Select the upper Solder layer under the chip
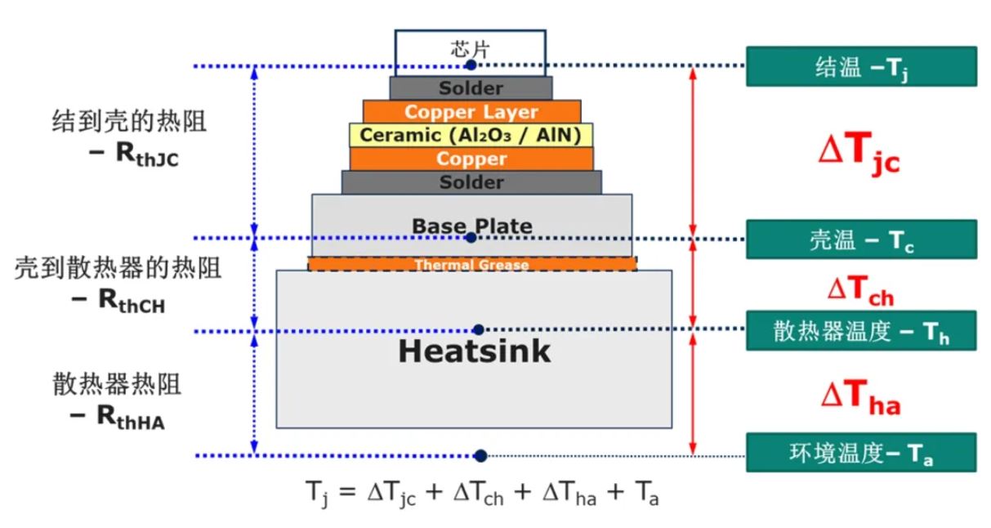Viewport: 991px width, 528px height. click(471, 88)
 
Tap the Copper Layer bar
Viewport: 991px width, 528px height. click(471, 112)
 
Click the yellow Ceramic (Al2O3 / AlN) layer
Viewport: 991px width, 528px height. click(471, 135)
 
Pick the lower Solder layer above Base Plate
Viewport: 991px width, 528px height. click(471, 182)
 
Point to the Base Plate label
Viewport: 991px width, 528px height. click(471, 225)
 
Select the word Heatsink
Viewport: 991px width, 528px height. click(474, 351)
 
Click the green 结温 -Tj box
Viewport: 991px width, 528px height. click(861, 67)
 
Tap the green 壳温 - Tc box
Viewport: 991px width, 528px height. click(861, 239)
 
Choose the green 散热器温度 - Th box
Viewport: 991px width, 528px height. click(861, 331)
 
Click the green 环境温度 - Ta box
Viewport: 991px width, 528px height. click(861, 452)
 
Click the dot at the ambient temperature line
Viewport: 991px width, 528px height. click(480, 456)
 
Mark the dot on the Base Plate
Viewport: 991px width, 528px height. click(471, 238)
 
